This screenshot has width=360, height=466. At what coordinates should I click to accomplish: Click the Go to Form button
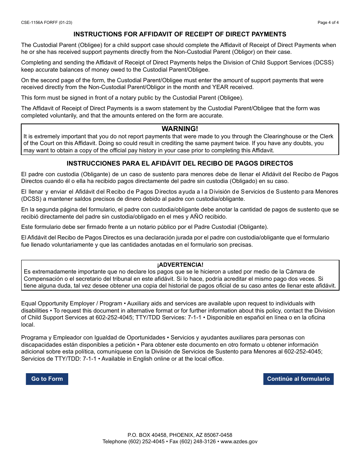[47, 379]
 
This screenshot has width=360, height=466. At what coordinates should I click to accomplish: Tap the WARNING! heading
[180, 129]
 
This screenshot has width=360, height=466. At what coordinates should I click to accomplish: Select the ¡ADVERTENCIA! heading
[180, 265]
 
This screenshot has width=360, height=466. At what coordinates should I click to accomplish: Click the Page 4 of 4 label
[328, 22]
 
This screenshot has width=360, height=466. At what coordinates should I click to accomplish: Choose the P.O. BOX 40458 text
[146, 435]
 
